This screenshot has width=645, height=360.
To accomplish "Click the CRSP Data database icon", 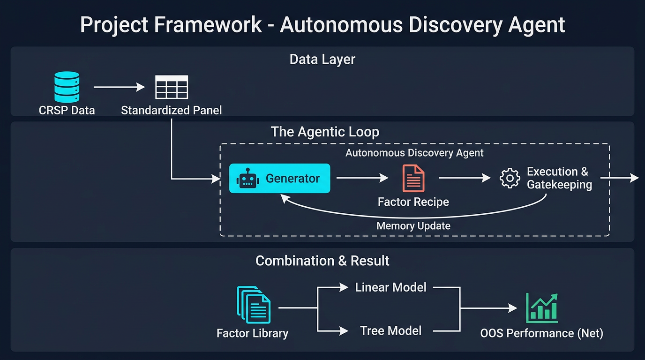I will (x=67, y=87).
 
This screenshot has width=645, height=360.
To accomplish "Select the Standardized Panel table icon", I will (x=172, y=87).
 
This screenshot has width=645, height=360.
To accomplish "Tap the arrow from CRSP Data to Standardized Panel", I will (x=119, y=87).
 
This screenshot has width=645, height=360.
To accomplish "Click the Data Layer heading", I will (x=322, y=60).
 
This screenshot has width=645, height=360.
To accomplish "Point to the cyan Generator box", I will (x=279, y=179).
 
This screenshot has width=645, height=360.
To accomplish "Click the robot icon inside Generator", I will (x=248, y=179).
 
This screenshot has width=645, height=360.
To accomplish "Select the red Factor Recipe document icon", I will (x=413, y=179).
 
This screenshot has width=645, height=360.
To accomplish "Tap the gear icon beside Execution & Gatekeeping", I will (x=510, y=179).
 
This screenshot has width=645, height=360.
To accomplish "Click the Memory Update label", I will (x=413, y=226).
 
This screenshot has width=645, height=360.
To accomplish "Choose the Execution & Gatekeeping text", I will (x=559, y=178).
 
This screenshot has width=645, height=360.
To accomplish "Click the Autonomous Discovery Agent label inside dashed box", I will (x=414, y=153).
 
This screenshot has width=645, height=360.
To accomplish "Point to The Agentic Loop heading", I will (x=325, y=132).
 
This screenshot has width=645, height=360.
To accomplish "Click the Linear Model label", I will (x=390, y=287).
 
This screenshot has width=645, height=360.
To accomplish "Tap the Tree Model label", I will (x=390, y=330).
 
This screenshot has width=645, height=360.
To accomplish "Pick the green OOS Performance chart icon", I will (x=541, y=308).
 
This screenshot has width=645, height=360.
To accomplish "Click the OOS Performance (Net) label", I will (x=541, y=333).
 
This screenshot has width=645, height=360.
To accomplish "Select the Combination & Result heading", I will (x=322, y=261).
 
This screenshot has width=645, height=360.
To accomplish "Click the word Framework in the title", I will (x=208, y=24).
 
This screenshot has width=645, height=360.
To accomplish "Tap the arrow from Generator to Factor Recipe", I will (x=362, y=178).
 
